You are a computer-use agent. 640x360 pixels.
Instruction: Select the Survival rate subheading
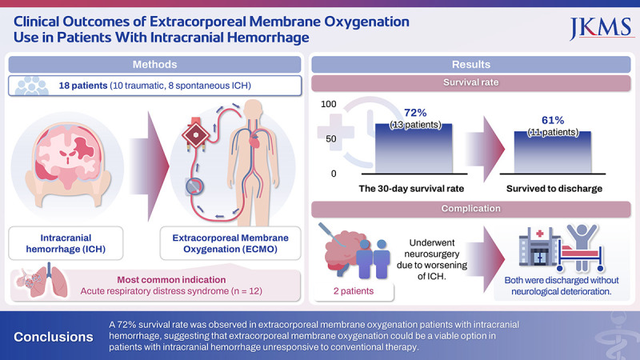472,82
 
